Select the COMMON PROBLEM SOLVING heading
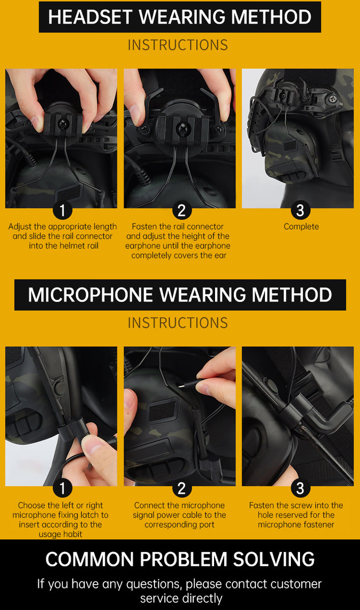coord(179,559)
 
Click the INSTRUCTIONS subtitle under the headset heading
coord(177,45)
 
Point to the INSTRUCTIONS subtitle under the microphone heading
coord(177,323)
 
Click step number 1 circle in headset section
coord(63,210)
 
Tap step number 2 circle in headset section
coord(182,210)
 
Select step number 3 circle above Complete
coord(300,210)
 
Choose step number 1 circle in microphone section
coord(63,489)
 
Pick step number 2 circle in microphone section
coord(182,489)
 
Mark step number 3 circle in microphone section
coord(300,489)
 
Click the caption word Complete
coord(301,227)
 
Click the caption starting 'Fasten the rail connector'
coord(178,241)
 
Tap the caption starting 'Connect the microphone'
coord(179,515)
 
